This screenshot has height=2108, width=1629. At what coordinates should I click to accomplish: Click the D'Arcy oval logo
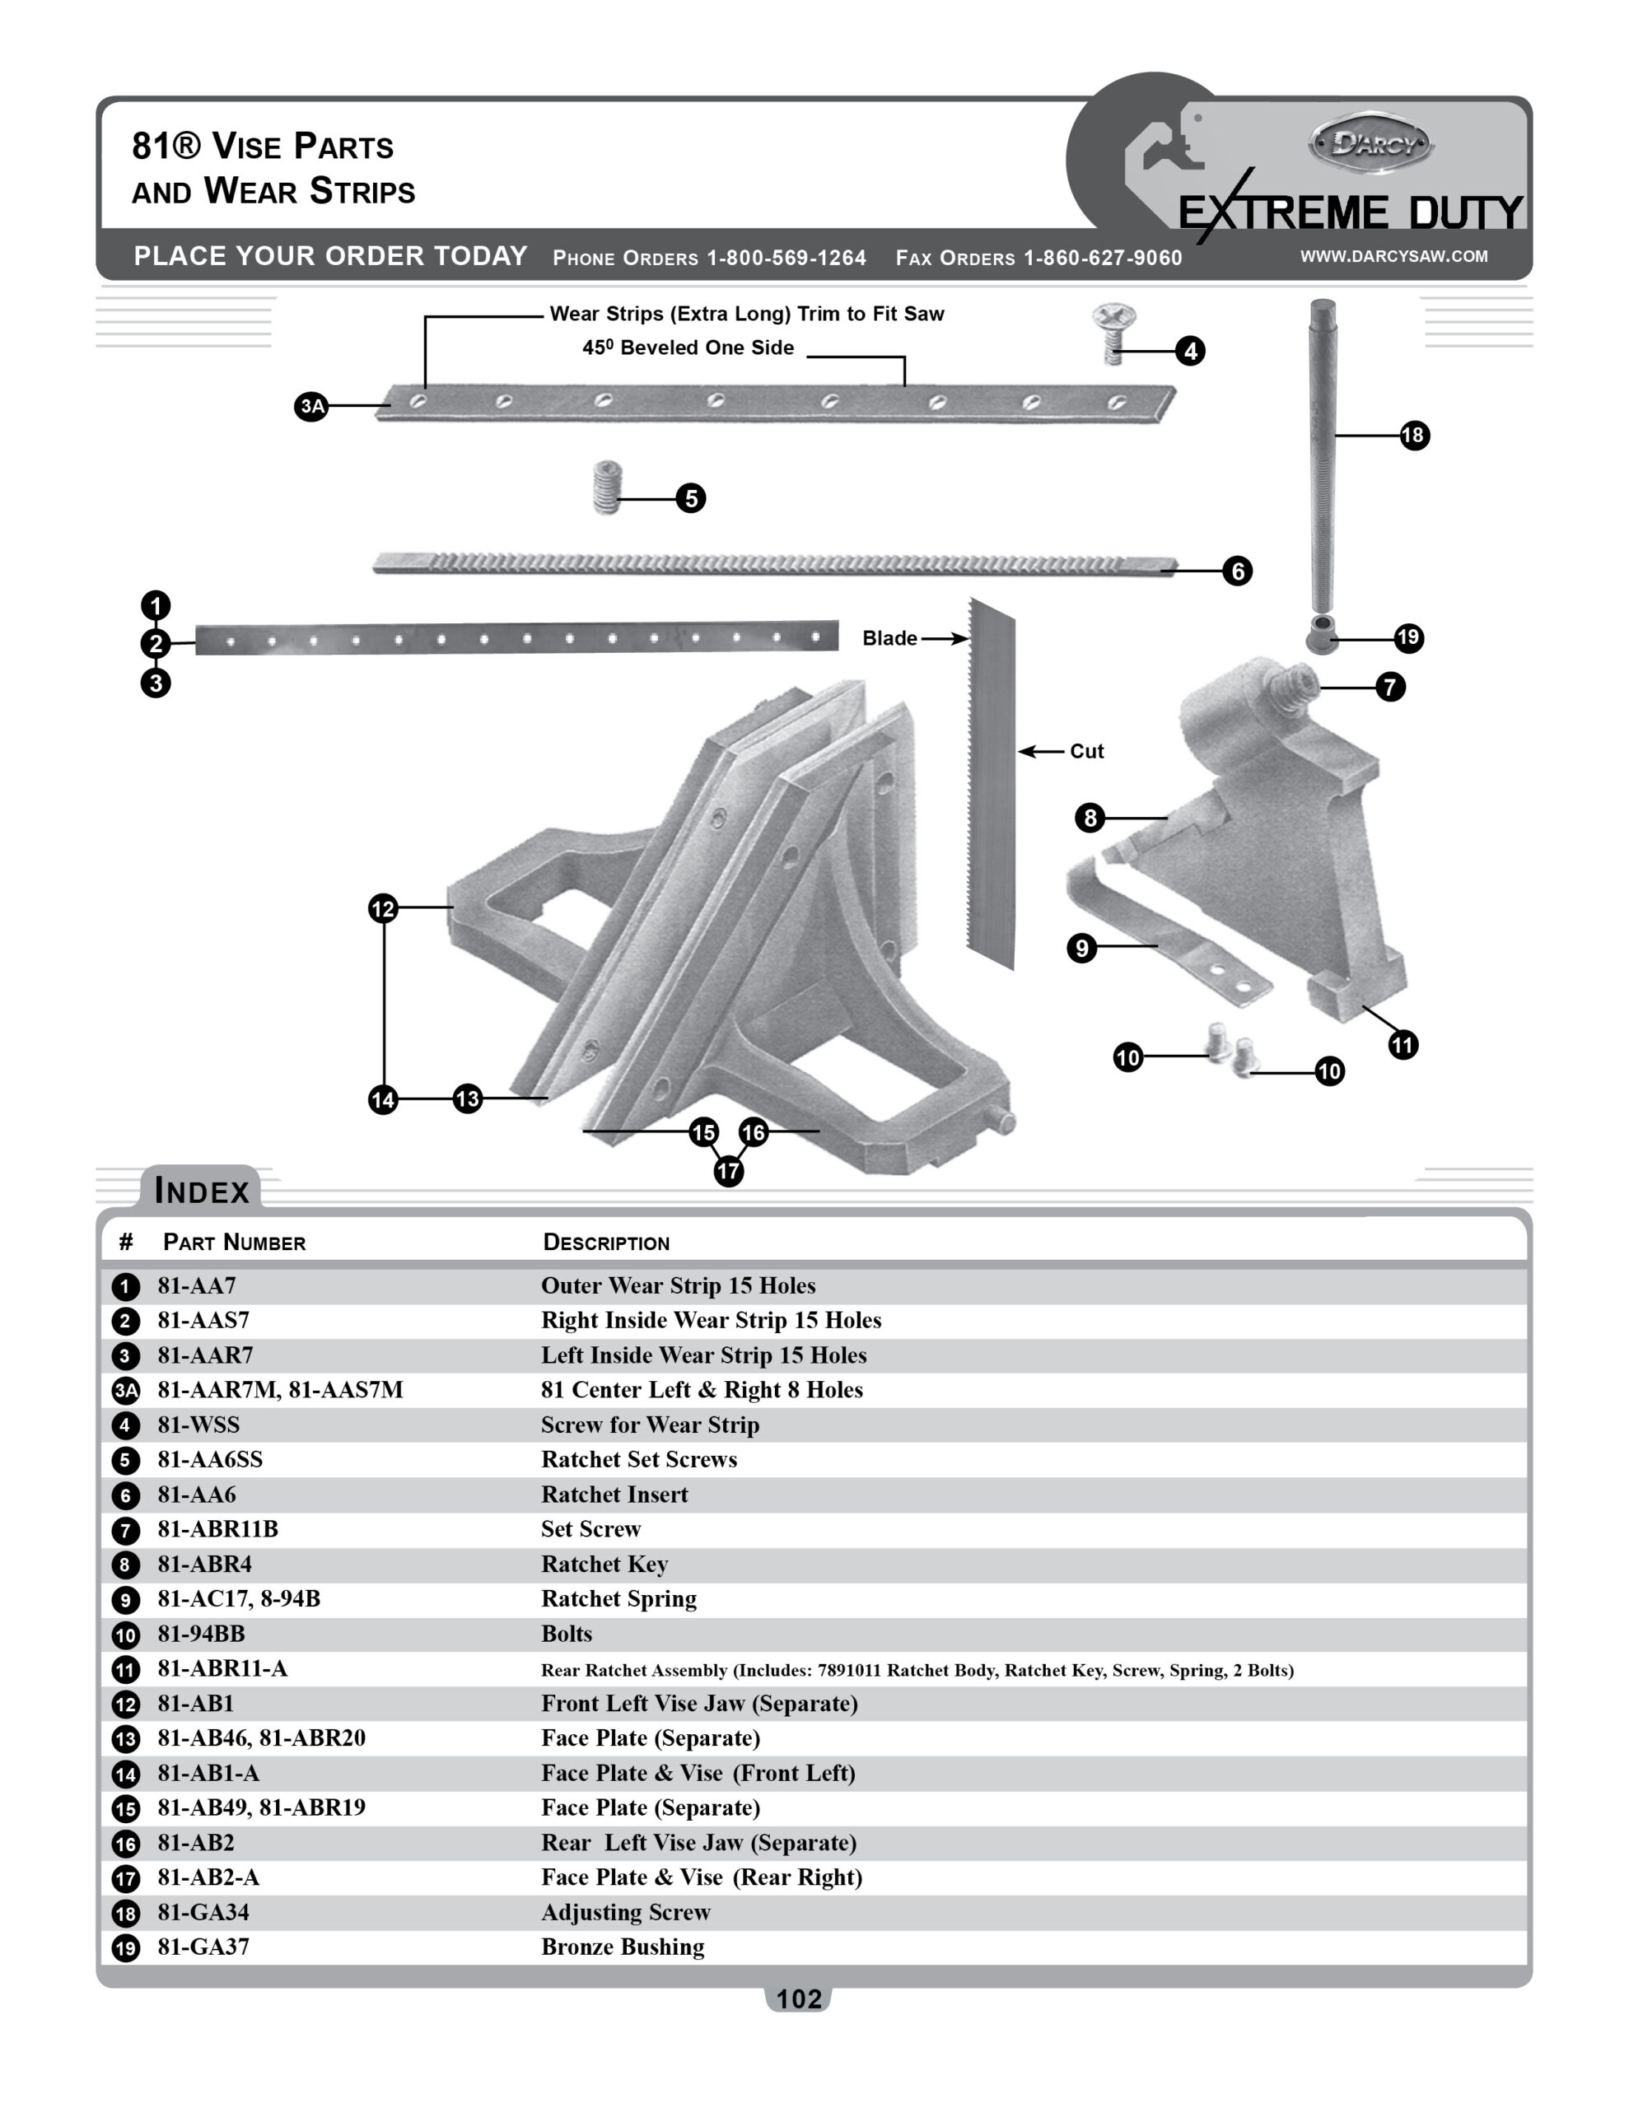(1370, 145)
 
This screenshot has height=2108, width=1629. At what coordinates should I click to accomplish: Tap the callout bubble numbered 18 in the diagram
(1414, 436)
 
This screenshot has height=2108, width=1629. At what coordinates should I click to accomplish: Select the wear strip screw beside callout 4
(1113, 333)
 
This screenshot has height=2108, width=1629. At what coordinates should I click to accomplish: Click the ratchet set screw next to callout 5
(606, 487)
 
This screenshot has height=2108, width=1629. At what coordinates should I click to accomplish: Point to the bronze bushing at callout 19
(1322, 634)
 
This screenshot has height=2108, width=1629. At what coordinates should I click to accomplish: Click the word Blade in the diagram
(889, 638)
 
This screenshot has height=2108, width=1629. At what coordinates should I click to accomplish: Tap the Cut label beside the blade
(1086, 751)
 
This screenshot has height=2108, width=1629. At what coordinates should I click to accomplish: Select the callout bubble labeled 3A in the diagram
(311, 406)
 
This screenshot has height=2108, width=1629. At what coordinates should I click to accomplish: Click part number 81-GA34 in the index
(203, 1911)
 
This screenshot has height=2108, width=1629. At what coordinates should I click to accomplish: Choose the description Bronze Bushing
(623, 1946)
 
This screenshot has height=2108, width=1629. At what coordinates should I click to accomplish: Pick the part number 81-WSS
(199, 1424)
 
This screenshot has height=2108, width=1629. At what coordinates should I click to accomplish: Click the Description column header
(606, 1243)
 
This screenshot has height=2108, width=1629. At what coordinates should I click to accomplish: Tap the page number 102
(799, 1999)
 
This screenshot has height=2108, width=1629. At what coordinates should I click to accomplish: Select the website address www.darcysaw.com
(1393, 256)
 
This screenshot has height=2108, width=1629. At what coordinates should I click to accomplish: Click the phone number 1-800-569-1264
(786, 258)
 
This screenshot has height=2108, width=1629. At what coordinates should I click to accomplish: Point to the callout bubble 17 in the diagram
(728, 1172)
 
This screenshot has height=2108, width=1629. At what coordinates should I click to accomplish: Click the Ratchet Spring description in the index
(619, 1598)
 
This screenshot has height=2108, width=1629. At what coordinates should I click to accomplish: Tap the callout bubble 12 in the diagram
(383, 908)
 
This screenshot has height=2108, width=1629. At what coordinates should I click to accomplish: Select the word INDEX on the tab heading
(202, 1190)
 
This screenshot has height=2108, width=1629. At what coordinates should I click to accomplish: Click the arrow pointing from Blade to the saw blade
(945, 638)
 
